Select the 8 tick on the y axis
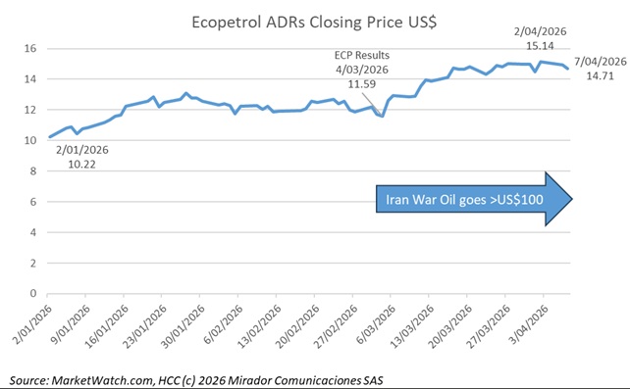point(31,170)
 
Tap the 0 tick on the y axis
point(31,293)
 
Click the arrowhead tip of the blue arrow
point(571,202)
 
